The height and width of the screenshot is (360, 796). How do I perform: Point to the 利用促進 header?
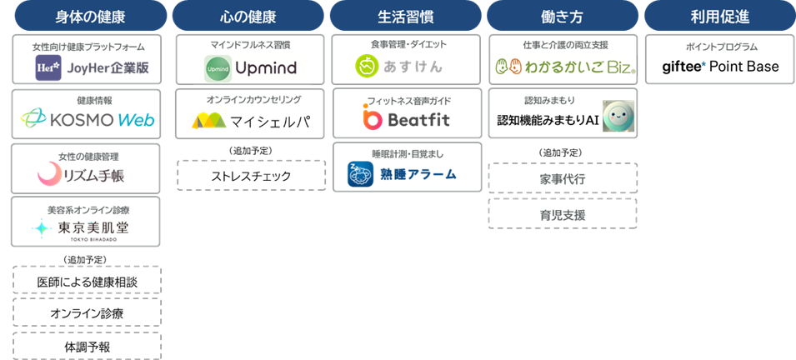(719, 16)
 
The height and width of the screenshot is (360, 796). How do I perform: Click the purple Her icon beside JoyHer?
(48, 67)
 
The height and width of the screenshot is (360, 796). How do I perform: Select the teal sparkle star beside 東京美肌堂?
(41, 227)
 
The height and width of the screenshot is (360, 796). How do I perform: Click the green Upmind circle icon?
(217, 66)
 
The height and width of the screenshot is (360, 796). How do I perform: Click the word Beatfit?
(419, 120)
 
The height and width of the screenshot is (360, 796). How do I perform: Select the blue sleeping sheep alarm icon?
(361, 174)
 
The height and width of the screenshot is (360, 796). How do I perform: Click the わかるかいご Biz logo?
(563, 66)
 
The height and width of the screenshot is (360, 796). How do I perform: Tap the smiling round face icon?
(618, 117)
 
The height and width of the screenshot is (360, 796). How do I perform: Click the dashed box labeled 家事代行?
(563, 178)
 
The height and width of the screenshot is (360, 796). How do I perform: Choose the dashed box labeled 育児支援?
(563, 213)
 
